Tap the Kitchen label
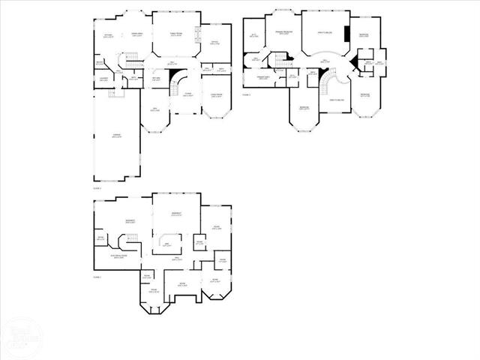click(109, 36)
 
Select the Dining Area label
click(137, 35)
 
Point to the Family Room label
click(177, 34)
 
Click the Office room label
click(214, 43)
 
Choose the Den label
click(156, 110)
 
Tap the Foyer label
click(189, 95)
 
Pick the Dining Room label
click(216, 94)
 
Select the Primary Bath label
click(263, 78)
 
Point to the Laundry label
click(104, 79)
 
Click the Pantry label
click(99, 62)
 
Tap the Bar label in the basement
click(166, 244)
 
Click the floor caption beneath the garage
click(97, 189)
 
